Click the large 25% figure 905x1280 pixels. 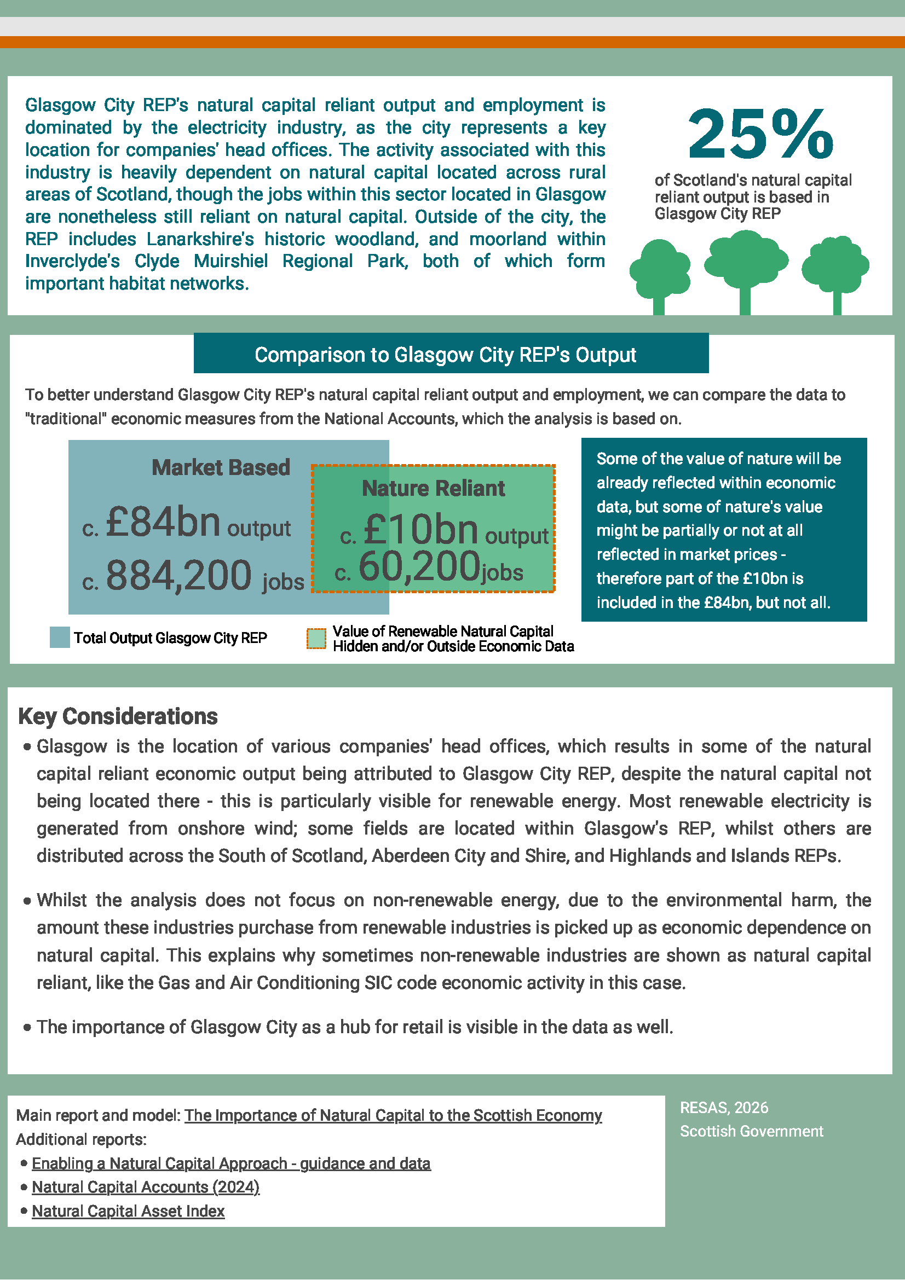tap(760, 134)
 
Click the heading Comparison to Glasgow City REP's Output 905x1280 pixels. tap(445, 355)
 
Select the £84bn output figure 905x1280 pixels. tap(163, 522)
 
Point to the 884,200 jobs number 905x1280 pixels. tap(178, 575)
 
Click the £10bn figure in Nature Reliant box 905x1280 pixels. tap(420, 529)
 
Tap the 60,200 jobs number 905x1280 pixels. tap(419, 566)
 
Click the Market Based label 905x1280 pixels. tap(221, 467)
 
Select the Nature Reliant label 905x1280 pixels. tap(433, 488)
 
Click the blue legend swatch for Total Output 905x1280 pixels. tap(59, 637)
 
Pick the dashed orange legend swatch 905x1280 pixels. tap(316, 639)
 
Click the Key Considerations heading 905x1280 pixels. tap(118, 716)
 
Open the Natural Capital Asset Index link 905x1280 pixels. tap(128, 1211)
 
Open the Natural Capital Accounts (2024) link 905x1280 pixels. tap(146, 1187)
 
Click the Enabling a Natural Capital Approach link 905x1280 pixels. tap(231, 1163)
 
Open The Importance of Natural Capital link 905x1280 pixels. tap(393, 1115)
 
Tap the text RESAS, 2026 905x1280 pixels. tap(724, 1107)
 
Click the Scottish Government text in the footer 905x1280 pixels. tap(751, 1131)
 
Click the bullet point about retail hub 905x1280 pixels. tap(355, 1027)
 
